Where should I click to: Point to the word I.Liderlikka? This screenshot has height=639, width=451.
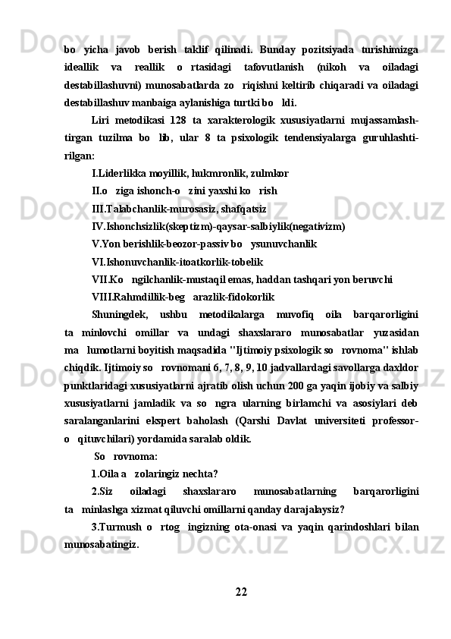pos(119,172)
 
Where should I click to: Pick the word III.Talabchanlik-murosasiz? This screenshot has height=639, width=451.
pos(149,208)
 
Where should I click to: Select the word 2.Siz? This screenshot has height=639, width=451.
pos(102,491)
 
